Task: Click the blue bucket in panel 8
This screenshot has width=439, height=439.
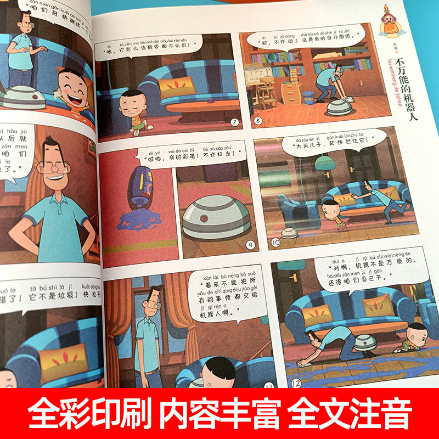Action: [308, 97]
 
